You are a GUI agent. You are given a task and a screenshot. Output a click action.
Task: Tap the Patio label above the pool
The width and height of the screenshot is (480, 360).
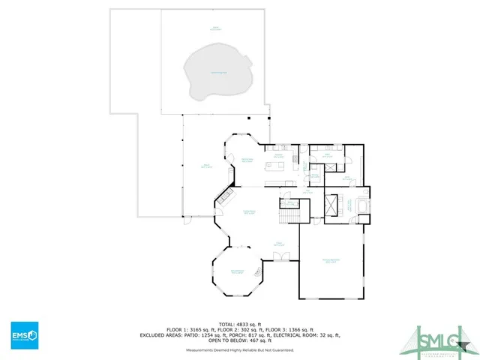pyautogui.click(x=216, y=28)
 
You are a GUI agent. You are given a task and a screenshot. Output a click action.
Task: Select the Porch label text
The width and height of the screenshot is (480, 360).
pyautogui.click(x=206, y=166)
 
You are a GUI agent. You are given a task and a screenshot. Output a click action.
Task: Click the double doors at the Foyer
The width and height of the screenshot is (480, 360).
pyautogui.click(x=280, y=256)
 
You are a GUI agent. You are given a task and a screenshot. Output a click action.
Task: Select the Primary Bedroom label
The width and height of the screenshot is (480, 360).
pyautogui.click(x=331, y=261)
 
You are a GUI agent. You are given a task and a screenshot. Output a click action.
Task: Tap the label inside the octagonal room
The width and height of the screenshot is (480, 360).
pyautogui.click(x=237, y=271)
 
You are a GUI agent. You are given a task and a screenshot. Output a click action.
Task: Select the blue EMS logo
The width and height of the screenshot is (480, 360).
pyautogui.click(x=24, y=334)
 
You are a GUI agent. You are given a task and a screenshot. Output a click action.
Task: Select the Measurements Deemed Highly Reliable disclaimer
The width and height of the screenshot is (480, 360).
pyautogui.click(x=240, y=350)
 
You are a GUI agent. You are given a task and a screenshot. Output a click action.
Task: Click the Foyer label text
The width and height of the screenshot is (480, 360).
pyautogui.click(x=278, y=244)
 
